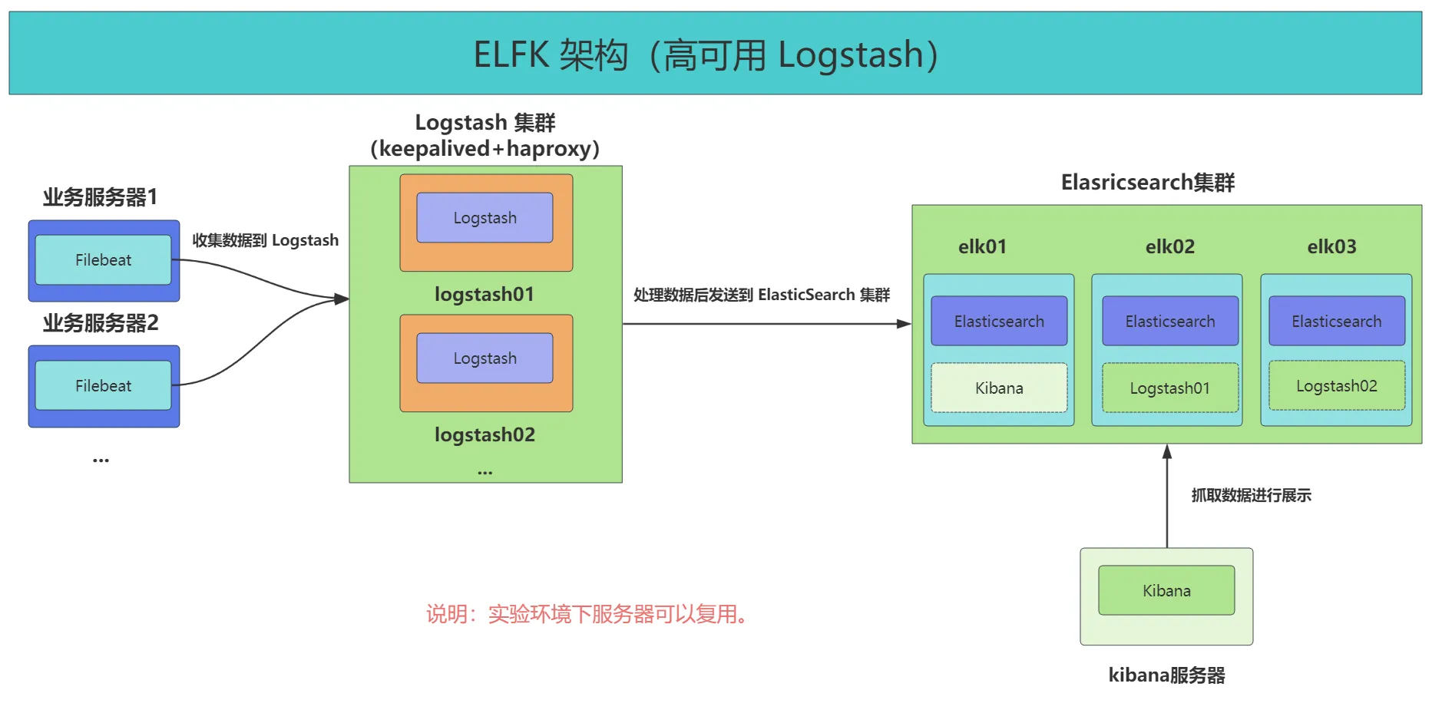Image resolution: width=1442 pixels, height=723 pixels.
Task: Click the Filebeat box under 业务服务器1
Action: (103, 259)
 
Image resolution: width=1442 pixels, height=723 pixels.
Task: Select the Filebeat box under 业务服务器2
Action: (103, 385)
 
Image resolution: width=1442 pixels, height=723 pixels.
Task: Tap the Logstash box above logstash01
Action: (485, 217)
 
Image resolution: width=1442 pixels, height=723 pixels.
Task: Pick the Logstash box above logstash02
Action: (485, 358)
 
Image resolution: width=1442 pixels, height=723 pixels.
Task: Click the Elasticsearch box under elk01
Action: (999, 321)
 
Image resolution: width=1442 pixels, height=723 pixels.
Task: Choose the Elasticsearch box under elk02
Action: (1170, 321)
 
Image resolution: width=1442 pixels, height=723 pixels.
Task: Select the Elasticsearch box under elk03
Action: (1337, 321)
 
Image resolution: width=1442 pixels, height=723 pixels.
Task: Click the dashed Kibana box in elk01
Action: (999, 388)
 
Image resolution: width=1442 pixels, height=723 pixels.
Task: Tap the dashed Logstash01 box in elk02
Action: (1170, 388)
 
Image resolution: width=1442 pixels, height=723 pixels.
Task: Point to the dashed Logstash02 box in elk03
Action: (1337, 385)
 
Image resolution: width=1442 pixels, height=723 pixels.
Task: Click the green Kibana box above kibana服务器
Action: (1166, 590)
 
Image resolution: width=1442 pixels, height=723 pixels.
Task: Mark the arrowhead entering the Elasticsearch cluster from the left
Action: (905, 324)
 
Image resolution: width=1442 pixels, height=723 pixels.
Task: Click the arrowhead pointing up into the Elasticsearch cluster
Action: (1167, 451)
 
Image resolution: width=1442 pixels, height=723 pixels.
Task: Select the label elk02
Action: (1170, 246)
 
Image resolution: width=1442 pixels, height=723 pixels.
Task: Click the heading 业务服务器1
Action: (100, 197)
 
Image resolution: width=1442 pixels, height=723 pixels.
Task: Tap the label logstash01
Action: (485, 294)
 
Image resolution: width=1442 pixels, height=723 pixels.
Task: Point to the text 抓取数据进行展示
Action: (1251, 495)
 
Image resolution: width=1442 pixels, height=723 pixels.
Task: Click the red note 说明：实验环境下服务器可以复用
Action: (587, 614)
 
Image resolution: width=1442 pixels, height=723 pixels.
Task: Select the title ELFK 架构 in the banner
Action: (551, 54)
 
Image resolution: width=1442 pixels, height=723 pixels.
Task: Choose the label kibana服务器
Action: (1166, 675)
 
